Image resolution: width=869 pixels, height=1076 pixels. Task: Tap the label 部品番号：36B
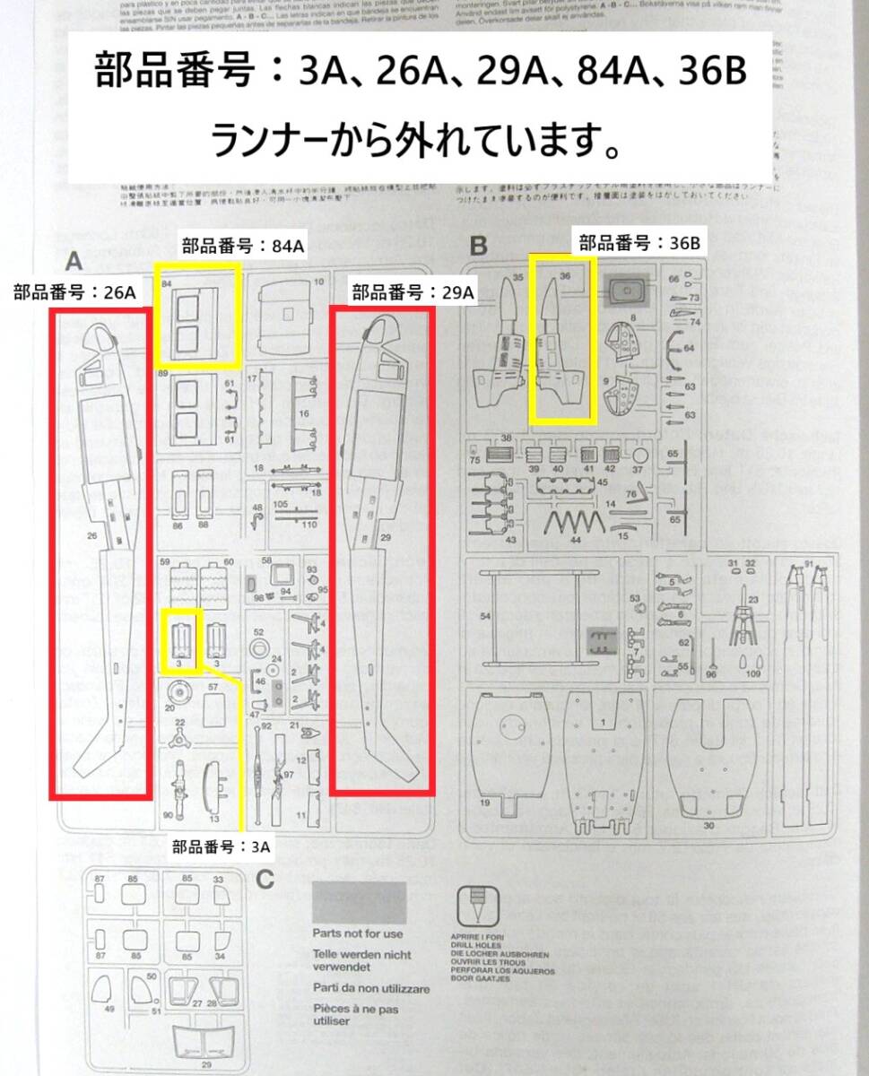pyautogui.click(x=640, y=242)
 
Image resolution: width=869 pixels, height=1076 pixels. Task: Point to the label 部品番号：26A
pyautogui.click(x=75, y=292)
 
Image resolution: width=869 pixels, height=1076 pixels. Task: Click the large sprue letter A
pyautogui.click(x=74, y=261)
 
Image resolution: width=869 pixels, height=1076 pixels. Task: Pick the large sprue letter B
pyautogui.click(x=478, y=244)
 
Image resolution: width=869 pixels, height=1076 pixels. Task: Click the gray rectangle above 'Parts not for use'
pyautogui.click(x=359, y=902)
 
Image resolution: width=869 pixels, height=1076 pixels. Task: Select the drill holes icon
pyautogui.click(x=475, y=907)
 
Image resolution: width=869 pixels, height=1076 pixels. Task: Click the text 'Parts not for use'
pyautogui.click(x=358, y=933)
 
